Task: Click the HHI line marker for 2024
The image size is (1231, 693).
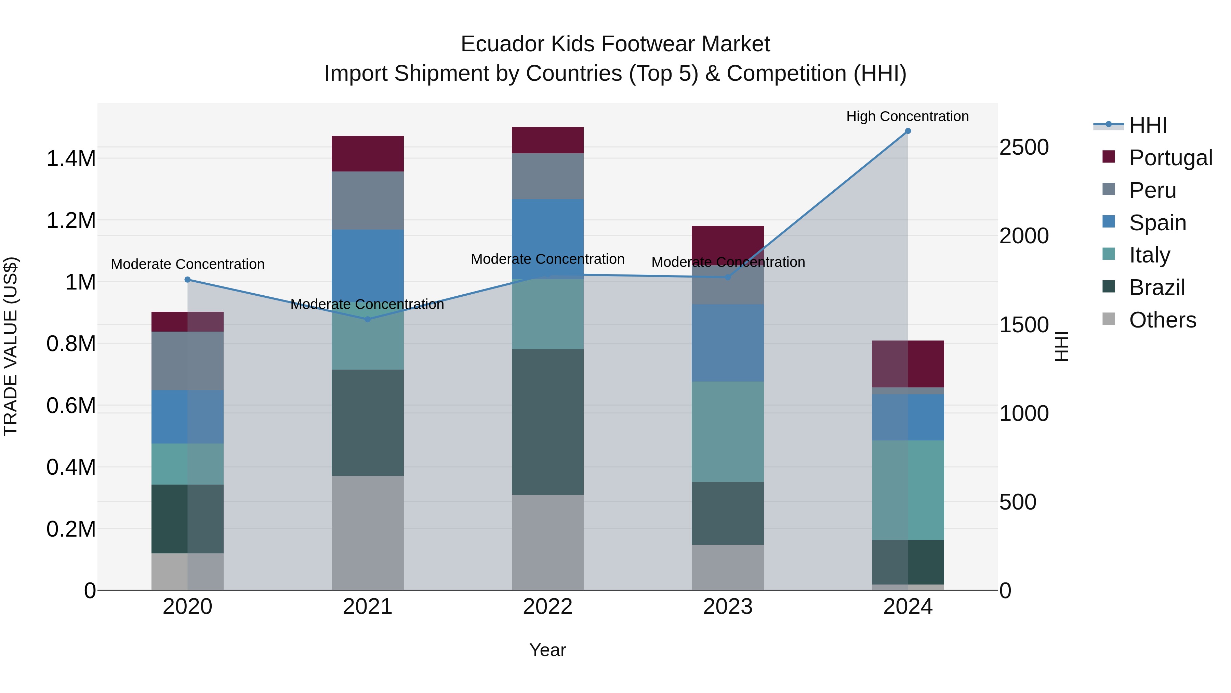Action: tap(908, 131)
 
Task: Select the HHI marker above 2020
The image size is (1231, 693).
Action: tap(187, 280)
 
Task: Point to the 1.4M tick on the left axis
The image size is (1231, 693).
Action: tap(71, 159)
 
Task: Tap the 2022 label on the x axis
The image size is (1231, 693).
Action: tap(548, 607)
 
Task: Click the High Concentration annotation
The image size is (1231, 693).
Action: tap(908, 116)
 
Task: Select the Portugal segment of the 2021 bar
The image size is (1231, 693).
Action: tap(368, 154)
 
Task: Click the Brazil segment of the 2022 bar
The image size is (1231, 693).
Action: tap(548, 422)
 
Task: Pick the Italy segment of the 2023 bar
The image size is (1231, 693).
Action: tap(728, 432)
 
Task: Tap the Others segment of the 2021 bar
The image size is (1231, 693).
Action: tap(368, 533)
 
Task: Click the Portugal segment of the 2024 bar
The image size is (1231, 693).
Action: tap(908, 364)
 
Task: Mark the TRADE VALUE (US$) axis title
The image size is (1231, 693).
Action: tap(11, 346)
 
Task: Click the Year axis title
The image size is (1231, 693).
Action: tap(548, 650)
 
